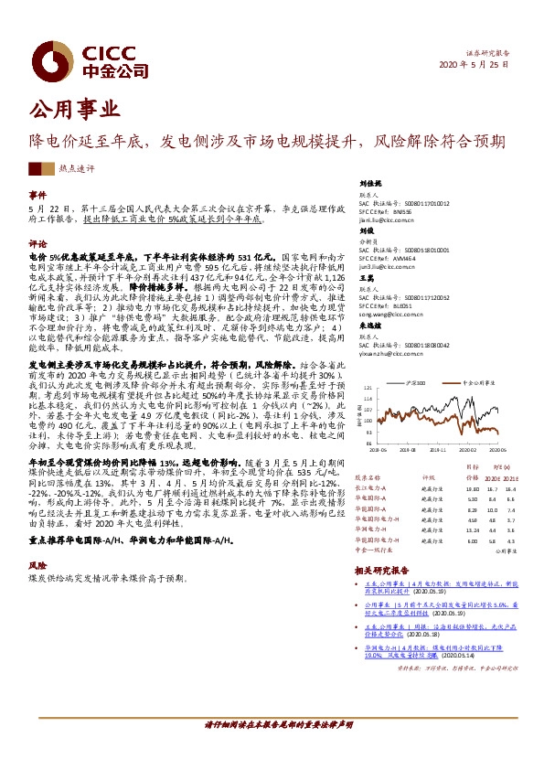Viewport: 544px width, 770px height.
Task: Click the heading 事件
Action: pyautogui.click(x=37, y=196)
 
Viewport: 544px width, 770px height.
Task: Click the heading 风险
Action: pyautogui.click(x=37, y=566)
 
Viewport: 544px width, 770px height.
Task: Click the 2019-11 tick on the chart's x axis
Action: pyautogui.click(x=438, y=450)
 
